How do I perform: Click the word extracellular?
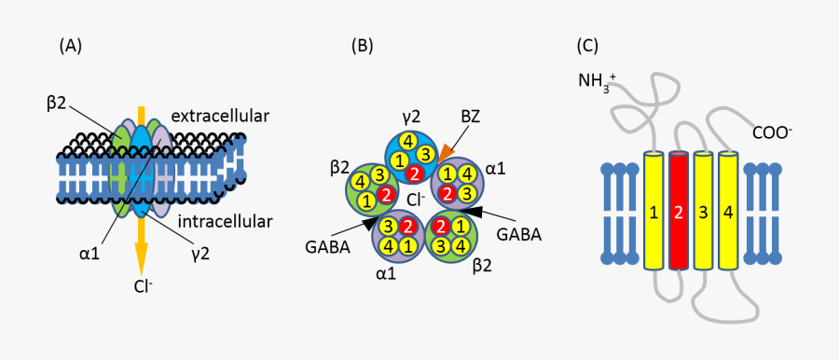click(x=220, y=117)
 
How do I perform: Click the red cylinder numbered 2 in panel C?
click(x=678, y=213)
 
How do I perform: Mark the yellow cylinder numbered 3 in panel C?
click(x=703, y=213)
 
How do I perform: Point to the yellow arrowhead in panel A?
click(x=141, y=255)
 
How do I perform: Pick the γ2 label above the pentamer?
click(x=410, y=118)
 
